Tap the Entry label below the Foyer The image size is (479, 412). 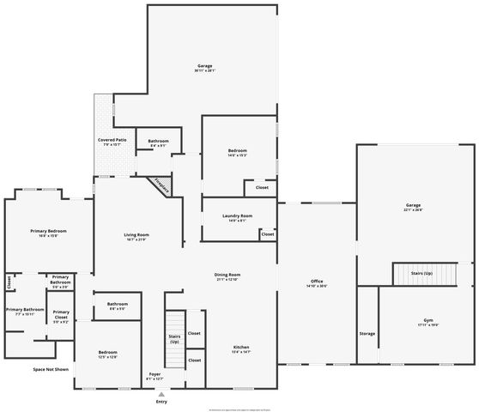[161, 401]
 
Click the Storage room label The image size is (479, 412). [367, 333]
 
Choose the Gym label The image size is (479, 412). [428, 321]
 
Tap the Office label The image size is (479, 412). [317, 283]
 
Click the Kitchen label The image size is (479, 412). [241, 348]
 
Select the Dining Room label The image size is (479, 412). [227, 276]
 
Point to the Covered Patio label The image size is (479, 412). [112, 141]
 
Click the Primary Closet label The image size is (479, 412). [61, 313]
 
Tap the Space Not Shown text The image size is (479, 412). [51, 369]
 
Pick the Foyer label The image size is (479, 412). [155, 375]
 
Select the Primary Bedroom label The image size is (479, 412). [48, 232]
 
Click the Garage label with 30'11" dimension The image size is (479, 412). [204, 67]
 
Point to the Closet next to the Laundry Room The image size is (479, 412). [268, 233]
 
